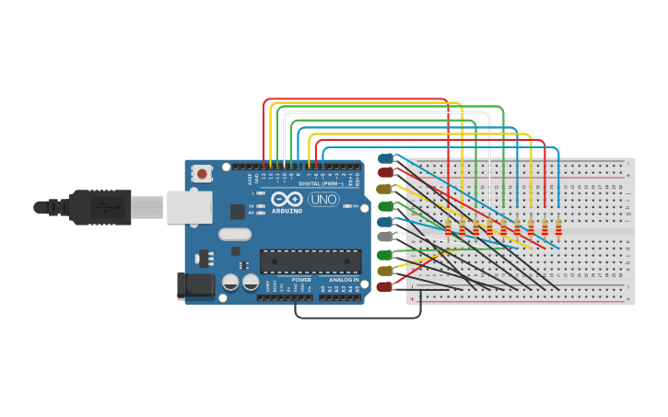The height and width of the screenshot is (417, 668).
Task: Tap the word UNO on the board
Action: click(x=323, y=199)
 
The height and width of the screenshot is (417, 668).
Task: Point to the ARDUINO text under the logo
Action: click(x=287, y=211)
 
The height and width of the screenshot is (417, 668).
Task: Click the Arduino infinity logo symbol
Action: click(x=287, y=199)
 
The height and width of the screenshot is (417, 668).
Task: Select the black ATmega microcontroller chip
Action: click(x=310, y=261)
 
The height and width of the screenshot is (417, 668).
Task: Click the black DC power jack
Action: click(x=195, y=285)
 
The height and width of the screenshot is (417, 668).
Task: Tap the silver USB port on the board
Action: click(x=189, y=207)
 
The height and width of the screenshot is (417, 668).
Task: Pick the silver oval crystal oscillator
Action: click(x=235, y=234)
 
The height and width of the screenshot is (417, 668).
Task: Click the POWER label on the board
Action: click(x=301, y=280)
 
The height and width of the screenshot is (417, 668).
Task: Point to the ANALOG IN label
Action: click(x=343, y=280)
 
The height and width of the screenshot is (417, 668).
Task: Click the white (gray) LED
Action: click(x=385, y=237)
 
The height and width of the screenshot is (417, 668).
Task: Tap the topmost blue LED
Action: click(x=385, y=158)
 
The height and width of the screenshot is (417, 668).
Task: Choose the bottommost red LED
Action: click(x=384, y=287)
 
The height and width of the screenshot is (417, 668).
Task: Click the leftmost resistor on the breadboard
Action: click(x=449, y=226)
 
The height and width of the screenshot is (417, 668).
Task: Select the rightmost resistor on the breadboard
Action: click(x=558, y=226)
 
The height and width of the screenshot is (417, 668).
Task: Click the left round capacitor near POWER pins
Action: click(x=230, y=283)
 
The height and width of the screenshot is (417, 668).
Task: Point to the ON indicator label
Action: click(x=355, y=205)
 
